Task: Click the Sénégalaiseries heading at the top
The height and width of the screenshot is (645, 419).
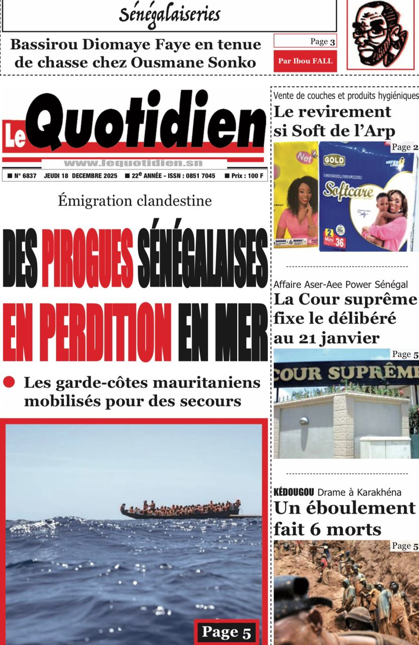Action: pos(169,15)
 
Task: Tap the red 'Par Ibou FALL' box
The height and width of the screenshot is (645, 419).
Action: pos(305,61)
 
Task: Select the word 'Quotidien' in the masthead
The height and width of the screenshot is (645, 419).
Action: pos(146,120)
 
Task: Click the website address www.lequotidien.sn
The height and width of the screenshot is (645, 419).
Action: pos(133,163)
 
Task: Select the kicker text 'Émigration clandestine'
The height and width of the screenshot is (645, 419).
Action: pos(134,201)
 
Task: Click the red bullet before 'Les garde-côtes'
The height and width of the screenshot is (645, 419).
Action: pos(9,382)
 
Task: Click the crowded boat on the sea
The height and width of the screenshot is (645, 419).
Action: pos(180,509)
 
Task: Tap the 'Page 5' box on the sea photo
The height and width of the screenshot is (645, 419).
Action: pos(226,632)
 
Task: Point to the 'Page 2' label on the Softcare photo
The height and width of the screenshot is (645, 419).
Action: pos(404,147)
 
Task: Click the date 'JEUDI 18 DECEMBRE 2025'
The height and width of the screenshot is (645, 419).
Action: pos(81,176)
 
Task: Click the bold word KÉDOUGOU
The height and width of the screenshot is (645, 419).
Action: pos(294,492)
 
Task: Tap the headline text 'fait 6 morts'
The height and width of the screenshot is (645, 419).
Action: pos(327,529)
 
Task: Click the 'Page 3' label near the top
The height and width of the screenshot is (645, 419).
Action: pos(322,41)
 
